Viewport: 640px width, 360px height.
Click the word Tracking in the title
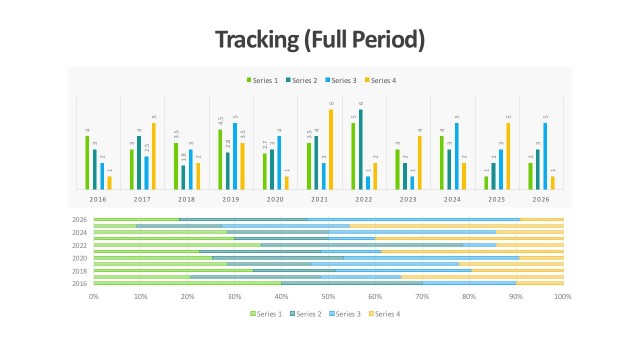click(x=255, y=40)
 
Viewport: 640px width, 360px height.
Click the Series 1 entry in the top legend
click(x=265, y=80)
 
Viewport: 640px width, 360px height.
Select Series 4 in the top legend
click(x=381, y=80)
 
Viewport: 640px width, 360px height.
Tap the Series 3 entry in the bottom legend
click(x=344, y=314)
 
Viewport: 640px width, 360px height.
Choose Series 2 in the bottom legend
click(x=305, y=314)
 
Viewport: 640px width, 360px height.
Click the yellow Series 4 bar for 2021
click(x=331, y=149)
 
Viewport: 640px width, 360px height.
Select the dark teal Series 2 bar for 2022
click(x=360, y=149)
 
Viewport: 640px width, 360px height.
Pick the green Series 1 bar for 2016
click(x=87, y=162)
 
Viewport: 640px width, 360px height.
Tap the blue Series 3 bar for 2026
click(x=545, y=156)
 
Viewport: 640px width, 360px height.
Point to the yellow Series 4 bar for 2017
click(x=154, y=156)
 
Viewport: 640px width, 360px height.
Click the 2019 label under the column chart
click(x=231, y=200)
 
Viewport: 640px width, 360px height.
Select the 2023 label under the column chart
click(x=408, y=200)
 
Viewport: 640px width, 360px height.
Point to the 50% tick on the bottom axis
click(x=328, y=297)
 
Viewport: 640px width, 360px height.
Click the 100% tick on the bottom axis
click(x=563, y=297)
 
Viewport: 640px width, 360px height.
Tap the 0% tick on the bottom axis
click(x=94, y=297)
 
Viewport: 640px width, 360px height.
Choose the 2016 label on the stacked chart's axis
click(x=79, y=284)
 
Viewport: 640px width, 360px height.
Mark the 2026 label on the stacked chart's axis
click(x=79, y=219)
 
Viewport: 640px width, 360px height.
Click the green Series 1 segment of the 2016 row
click(x=186, y=284)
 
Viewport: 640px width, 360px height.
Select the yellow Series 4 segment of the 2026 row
click(x=542, y=219)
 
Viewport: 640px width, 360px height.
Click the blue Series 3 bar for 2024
click(x=457, y=156)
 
